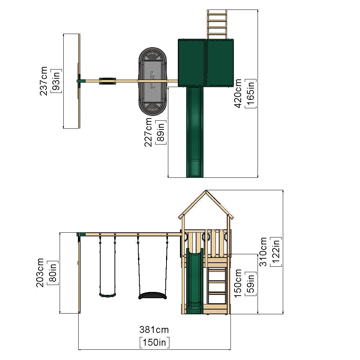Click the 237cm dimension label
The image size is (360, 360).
coord(44,81)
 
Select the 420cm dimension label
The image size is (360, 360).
coord(238,93)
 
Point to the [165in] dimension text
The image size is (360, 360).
coord(251,93)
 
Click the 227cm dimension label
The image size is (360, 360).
coord(148,132)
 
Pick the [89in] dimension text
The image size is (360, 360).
coord(161,132)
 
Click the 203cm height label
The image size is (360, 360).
coord(40,273)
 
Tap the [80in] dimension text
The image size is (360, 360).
coord(53,273)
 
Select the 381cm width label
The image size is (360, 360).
coord(154,330)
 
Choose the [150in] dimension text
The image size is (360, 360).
coord(154,342)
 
